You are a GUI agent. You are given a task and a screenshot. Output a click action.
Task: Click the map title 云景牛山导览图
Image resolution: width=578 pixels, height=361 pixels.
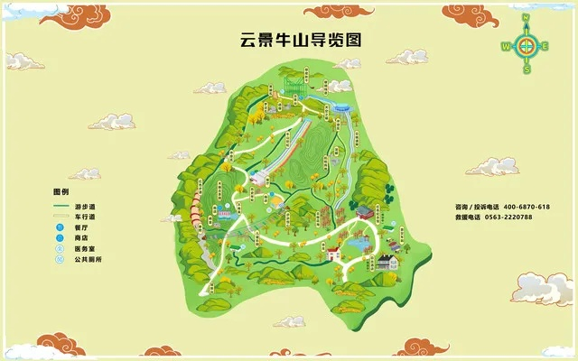293,41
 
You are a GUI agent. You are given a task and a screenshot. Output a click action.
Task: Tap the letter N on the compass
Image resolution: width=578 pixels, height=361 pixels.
526,18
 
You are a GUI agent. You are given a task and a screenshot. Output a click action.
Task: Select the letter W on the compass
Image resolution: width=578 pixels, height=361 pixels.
505,46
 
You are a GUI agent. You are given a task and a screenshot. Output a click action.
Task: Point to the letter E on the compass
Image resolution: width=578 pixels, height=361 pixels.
545,46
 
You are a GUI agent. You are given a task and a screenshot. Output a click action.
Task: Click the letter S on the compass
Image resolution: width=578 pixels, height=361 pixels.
526,69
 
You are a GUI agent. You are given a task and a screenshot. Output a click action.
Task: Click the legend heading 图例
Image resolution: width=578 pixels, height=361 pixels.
61,192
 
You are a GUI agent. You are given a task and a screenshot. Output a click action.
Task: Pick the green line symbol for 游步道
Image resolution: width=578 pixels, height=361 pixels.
61,206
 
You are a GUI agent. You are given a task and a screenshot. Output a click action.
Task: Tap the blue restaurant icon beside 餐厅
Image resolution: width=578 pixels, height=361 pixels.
61,227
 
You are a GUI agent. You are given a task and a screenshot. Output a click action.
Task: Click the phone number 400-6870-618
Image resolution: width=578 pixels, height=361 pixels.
527,207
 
